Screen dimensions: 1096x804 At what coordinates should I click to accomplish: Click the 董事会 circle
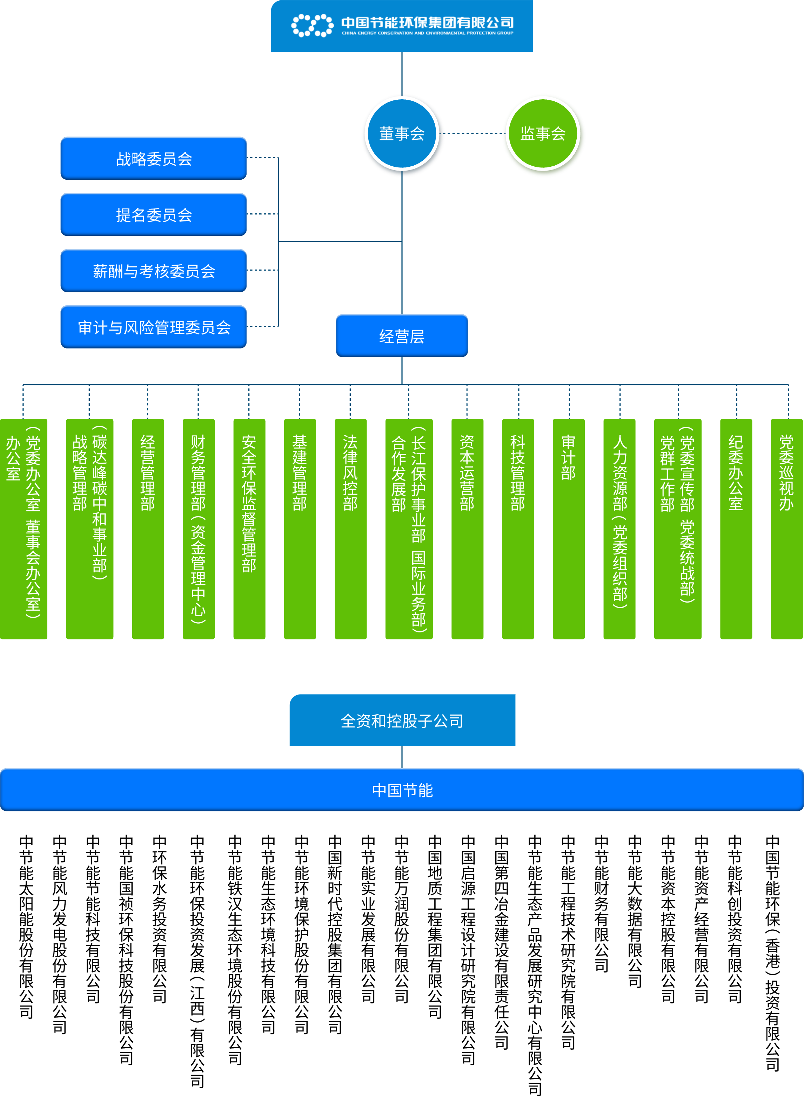(402, 133)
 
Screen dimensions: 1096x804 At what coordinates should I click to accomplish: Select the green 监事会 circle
(543, 133)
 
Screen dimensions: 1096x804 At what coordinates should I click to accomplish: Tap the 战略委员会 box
(154, 159)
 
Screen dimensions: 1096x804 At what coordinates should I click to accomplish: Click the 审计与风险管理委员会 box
(154, 327)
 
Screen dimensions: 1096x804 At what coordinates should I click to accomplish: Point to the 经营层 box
(402, 336)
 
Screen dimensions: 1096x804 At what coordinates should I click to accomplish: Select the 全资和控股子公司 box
(402, 720)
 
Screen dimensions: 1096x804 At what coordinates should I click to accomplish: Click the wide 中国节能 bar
(402, 790)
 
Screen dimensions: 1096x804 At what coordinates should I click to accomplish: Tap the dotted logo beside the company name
(312, 25)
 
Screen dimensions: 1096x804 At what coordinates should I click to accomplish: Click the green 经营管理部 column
(148, 528)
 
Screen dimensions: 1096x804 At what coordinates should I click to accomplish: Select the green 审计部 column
(568, 528)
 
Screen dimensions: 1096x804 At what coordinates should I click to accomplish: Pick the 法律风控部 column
(350, 528)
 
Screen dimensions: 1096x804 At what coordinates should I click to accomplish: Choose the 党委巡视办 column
(786, 528)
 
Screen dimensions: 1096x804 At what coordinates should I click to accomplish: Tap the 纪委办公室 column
(736, 528)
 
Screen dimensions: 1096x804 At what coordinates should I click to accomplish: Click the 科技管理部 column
(518, 528)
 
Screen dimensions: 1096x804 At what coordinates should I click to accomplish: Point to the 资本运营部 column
(467, 528)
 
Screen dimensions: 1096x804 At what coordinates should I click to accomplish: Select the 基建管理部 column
(300, 528)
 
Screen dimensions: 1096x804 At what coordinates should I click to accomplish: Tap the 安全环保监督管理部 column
(249, 528)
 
